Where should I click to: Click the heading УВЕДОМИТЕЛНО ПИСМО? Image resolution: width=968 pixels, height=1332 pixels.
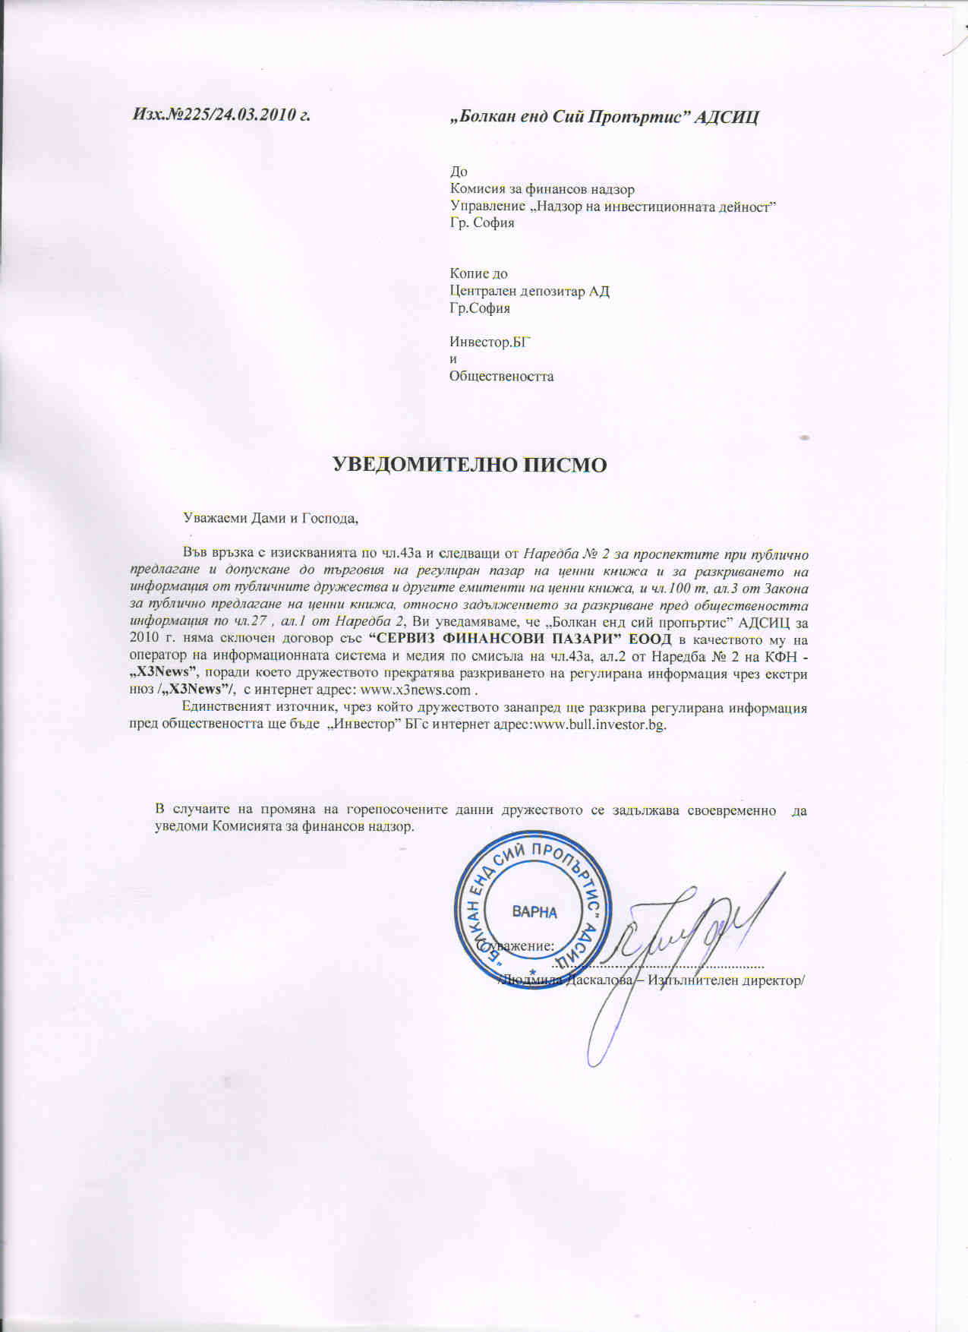(471, 465)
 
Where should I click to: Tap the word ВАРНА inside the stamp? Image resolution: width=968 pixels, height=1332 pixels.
(534, 912)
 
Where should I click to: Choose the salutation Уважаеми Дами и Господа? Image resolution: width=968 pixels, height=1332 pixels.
(270, 519)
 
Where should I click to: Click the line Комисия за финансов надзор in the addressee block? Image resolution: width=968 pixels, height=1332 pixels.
(542, 189)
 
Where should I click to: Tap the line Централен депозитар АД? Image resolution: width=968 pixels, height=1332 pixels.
(529, 291)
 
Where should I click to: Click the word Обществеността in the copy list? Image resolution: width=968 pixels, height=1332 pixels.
(501, 376)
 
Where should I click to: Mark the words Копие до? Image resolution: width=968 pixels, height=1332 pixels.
(478, 273)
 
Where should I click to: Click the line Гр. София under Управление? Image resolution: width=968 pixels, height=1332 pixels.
(481, 223)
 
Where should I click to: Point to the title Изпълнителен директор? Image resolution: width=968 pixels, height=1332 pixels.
(724, 980)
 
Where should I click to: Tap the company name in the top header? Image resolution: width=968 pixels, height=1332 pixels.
(604, 117)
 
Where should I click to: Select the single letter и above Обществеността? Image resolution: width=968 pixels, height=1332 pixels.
(453, 359)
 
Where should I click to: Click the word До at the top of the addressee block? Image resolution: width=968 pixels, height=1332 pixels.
(459, 172)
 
